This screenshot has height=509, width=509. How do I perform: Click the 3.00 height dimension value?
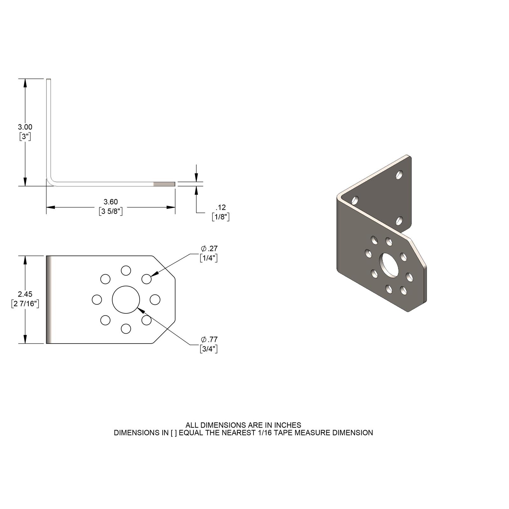[x=25, y=127]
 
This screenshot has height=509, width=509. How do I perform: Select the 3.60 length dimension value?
[x=111, y=202]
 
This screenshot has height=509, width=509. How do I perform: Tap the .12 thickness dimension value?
[x=220, y=207]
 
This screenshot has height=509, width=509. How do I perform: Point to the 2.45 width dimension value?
[x=25, y=294]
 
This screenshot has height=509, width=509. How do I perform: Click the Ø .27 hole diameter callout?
[x=209, y=248]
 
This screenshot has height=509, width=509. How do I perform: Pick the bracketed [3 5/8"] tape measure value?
[x=111, y=212]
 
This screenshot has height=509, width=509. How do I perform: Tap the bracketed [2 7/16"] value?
[x=25, y=304]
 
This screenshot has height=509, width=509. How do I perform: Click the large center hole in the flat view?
[x=126, y=299]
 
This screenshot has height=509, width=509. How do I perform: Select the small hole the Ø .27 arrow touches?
[x=146, y=279]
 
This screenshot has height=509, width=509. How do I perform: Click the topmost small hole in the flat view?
[x=126, y=270]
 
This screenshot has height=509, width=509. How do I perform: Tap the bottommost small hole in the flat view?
[x=126, y=328]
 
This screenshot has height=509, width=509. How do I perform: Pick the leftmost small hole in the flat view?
[x=97, y=299]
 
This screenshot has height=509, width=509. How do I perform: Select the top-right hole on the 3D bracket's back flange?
[x=399, y=175]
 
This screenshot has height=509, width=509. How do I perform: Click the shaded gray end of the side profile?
[x=164, y=184]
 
